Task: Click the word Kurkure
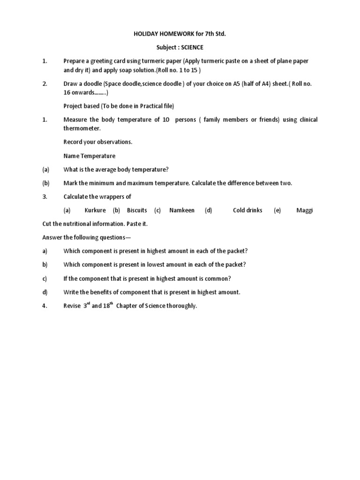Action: [x=95, y=210]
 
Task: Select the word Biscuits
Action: [x=137, y=210]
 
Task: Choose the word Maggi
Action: [x=304, y=210]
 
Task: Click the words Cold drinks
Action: [x=247, y=210]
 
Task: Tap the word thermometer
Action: [x=82, y=128]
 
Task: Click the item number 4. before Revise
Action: [x=45, y=306]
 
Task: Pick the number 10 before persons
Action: [x=166, y=120]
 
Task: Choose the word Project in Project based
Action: [x=73, y=106]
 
